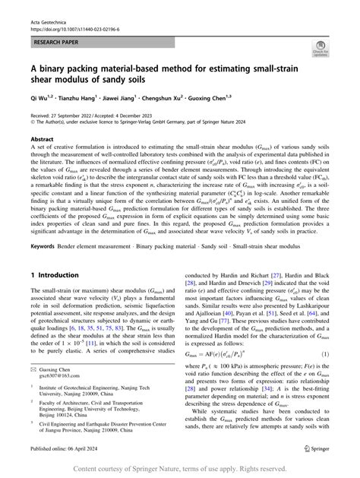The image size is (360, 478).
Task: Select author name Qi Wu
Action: [x=39, y=98]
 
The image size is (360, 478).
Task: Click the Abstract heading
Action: [x=42, y=140]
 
